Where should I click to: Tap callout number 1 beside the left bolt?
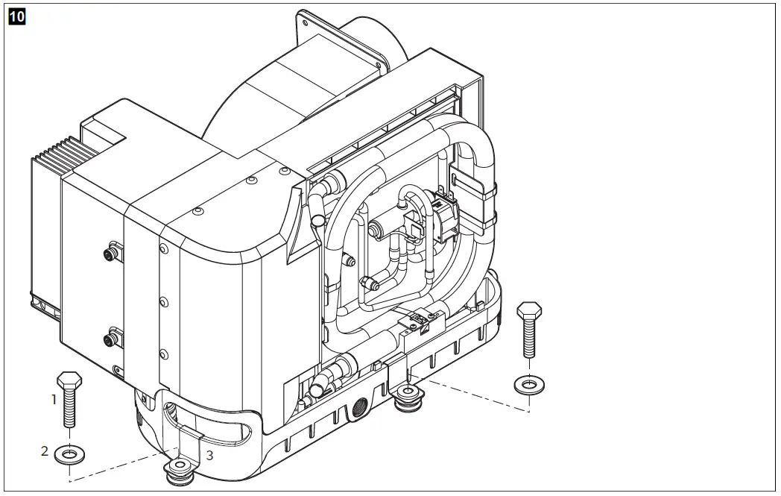point(54,399)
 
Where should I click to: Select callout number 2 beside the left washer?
point(45,451)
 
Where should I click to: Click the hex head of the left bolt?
point(69,378)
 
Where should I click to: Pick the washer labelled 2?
point(69,454)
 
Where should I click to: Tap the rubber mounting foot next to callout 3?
point(179,469)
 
